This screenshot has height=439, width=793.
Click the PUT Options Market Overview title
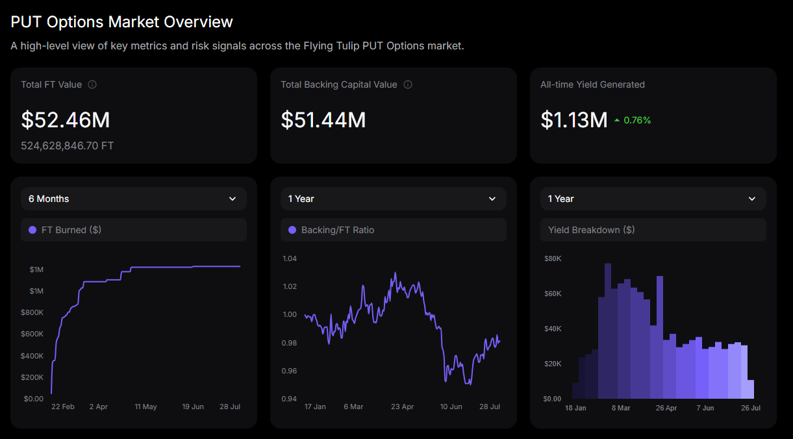pyautogui.click(x=122, y=22)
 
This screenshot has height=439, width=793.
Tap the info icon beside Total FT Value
pyautogui.click(x=92, y=84)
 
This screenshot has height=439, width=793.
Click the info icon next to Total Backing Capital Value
pyautogui.click(x=408, y=84)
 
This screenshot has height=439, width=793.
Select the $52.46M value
pyautogui.click(x=66, y=119)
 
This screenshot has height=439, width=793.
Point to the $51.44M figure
pyautogui.click(x=323, y=119)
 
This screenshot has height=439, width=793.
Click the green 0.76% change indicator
pyautogui.click(x=633, y=120)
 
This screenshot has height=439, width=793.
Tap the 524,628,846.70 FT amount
pyautogui.click(x=68, y=146)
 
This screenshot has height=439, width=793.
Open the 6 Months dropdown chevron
pyautogui.click(x=233, y=199)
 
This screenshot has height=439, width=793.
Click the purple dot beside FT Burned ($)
pyautogui.click(x=32, y=230)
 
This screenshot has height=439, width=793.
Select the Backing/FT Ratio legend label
pyautogui.click(x=338, y=230)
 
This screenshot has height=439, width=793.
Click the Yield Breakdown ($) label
pyautogui.click(x=591, y=230)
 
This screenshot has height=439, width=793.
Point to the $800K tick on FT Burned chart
pyautogui.click(x=32, y=312)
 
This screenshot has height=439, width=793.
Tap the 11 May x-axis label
pyautogui.click(x=145, y=407)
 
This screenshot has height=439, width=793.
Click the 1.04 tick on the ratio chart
pyautogui.click(x=290, y=259)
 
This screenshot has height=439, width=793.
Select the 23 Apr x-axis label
pyautogui.click(x=402, y=407)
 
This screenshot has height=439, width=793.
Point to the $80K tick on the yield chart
pyautogui.click(x=553, y=259)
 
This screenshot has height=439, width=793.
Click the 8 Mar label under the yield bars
pyautogui.click(x=621, y=408)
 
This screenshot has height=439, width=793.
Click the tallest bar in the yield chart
pyautogui.click(x=608, y=331)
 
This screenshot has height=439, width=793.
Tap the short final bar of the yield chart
pyautogui.click(x=751, y=390)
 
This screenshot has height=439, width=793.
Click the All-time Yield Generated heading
pyautogui.click(x=592, y=84)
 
